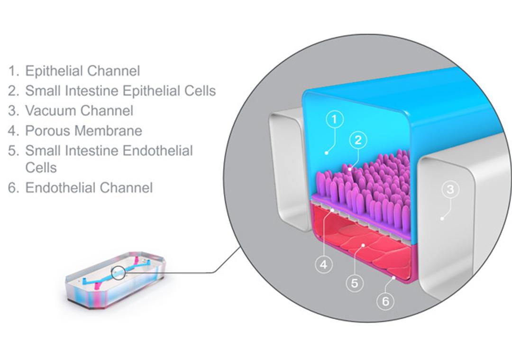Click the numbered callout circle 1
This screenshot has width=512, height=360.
335,120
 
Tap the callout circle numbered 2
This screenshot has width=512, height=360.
358,140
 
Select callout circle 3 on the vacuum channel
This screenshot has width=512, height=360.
450,190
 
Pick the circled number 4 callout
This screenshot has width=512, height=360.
324,264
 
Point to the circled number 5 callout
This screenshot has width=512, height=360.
355,283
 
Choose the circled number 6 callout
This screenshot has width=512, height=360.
385,301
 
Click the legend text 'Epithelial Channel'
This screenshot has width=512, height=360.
82,71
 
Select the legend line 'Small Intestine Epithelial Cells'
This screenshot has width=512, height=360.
120,91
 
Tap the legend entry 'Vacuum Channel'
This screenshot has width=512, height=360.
79,111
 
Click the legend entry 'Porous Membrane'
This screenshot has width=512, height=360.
83,130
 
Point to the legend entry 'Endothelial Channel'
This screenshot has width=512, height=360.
89,187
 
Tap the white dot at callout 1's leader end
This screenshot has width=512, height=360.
326,153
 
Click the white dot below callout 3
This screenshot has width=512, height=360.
442,219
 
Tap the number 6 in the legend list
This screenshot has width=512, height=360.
13,188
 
